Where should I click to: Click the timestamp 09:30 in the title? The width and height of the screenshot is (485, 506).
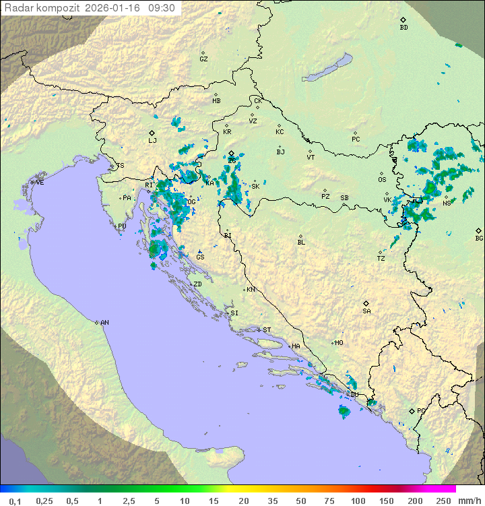pyautogui.click(x=162, y=8)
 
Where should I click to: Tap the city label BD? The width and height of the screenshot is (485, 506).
pyautogui.click(x=403, y=28)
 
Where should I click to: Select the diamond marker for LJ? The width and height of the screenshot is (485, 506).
pyautogui.click(x=152, y=133)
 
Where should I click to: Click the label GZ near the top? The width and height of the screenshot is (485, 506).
pyautogui.click(x=203, y=59)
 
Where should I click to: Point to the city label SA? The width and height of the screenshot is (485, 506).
pyautogui.click(x=366, y=311)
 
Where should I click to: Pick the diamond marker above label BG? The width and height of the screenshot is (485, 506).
pyautogui.click(x=479, y=230)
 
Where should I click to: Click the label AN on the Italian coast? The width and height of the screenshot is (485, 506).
pyautogui.click(x=104, y=323)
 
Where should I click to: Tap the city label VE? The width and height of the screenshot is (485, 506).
pyautogui.click(x=40, y=183)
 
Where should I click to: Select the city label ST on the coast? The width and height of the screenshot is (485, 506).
pyautogui.click(x=267, y=330)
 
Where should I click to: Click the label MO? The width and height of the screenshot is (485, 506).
pyautogui.click(x=339, y=343)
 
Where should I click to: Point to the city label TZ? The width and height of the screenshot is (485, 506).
pyautogui.click(x=381, y=259)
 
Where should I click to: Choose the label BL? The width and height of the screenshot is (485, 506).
pyautogui.click(x=301, y=243)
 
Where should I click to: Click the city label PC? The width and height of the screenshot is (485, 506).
pyautogui.click(x=356, y=139)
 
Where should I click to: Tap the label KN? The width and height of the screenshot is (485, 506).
pyautogui.click(x=251, y=290)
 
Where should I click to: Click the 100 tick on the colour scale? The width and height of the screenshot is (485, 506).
pyautogui.click(x=358, y=501)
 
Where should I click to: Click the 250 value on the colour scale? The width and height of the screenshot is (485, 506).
pyautogui.click(x=443, y=501)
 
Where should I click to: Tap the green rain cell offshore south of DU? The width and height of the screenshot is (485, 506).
pyautogui.click(x=344, y=410)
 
